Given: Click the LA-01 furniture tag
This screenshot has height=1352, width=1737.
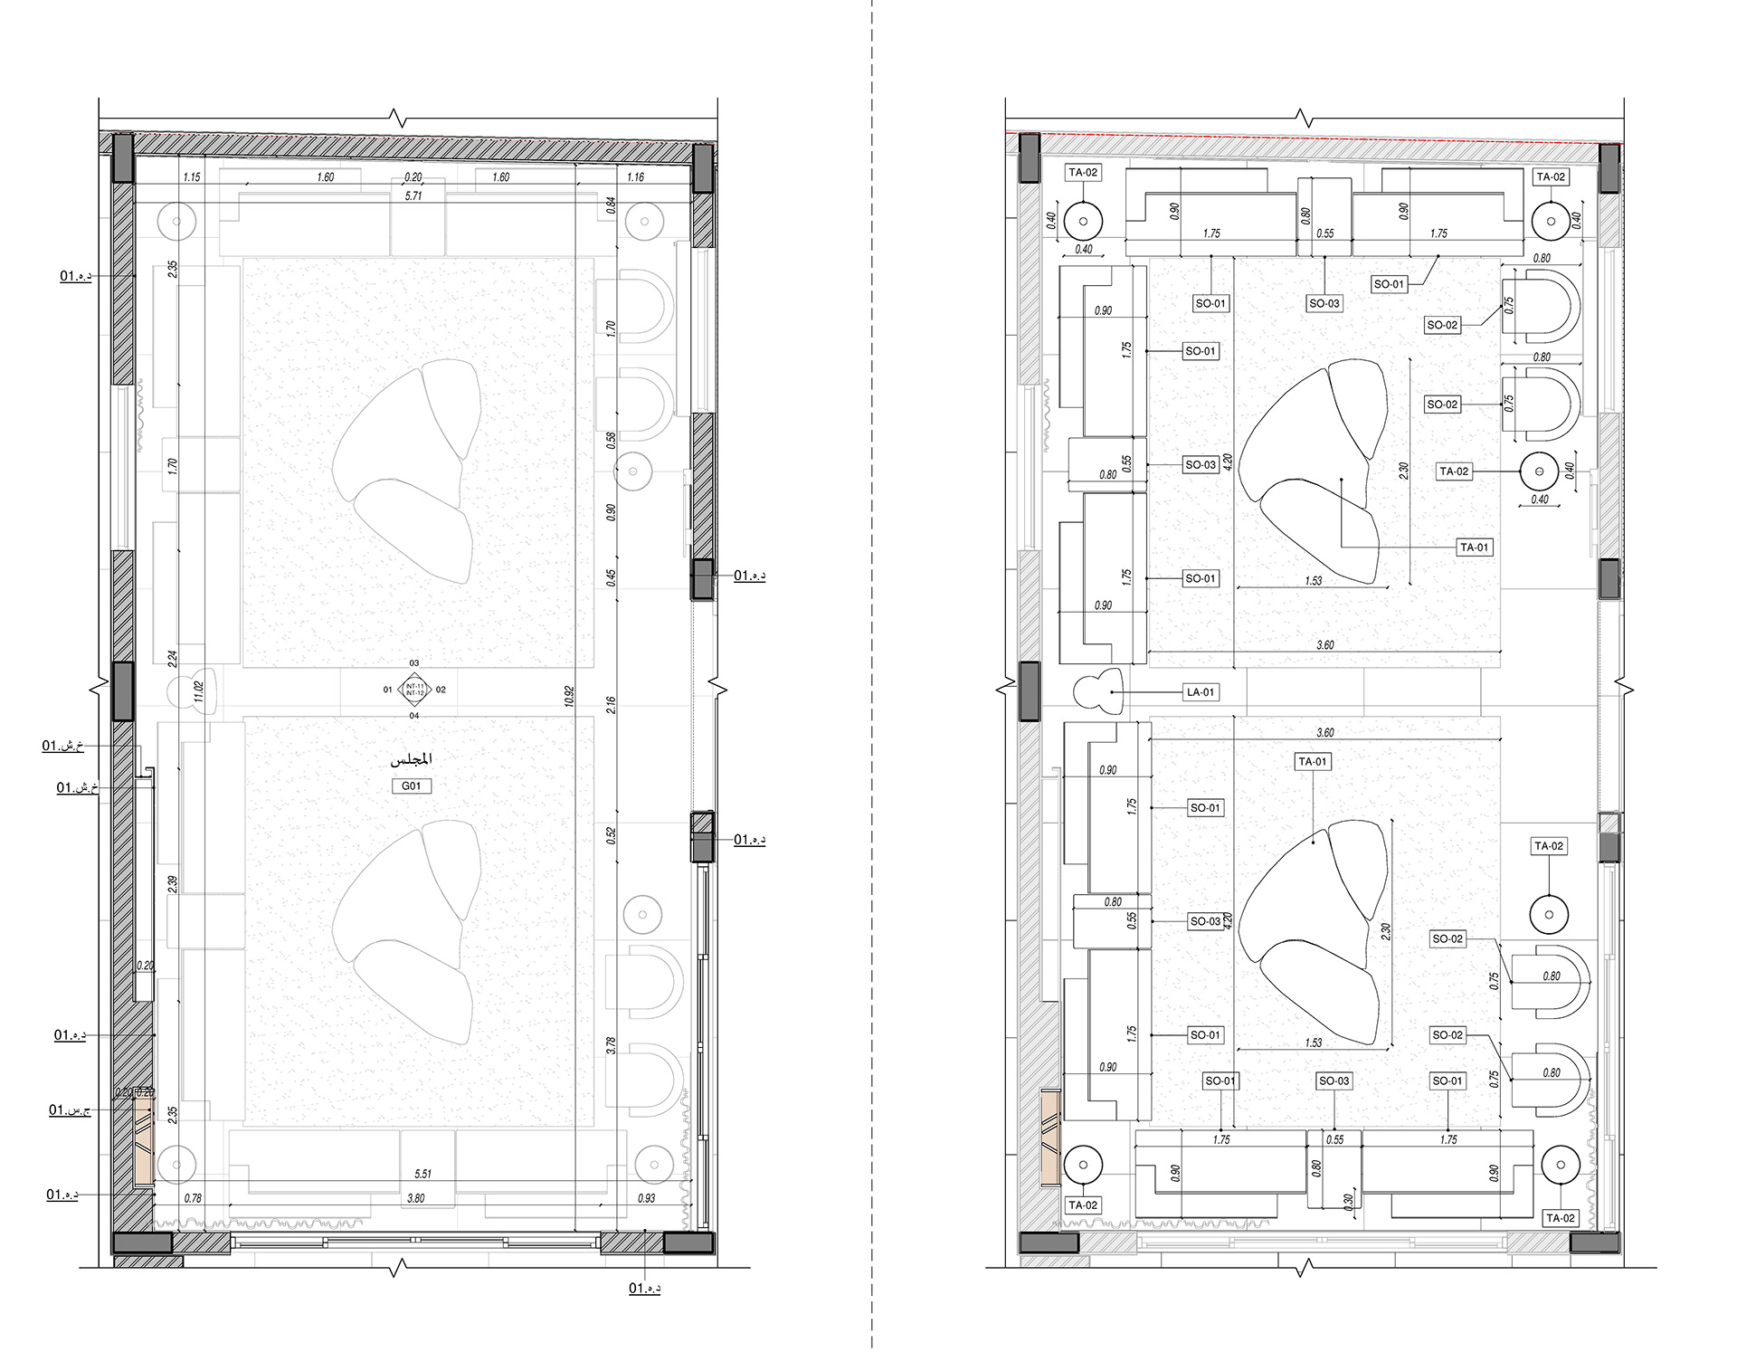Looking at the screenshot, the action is [1201, 692].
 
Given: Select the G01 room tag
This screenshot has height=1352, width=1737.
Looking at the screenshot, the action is [412, 785].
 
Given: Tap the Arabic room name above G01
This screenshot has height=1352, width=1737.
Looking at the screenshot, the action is [412, 759].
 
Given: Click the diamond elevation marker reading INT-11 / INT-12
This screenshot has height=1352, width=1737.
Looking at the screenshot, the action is [414, 690].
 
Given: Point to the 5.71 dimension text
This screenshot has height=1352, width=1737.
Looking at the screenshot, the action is [413, 195].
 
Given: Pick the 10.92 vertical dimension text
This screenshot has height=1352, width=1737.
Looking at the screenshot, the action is [569, 696].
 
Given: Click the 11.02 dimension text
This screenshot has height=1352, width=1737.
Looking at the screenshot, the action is [199, 692].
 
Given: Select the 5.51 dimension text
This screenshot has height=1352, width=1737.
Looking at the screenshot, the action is [422, 1174].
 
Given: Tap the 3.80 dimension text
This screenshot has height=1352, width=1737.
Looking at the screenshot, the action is [415, 1198].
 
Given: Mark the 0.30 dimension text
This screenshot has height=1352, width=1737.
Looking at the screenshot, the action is [1348, 1201].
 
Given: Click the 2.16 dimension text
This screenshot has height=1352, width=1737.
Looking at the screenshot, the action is [611, 706].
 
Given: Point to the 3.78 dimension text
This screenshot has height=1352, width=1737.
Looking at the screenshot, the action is [611, 1046].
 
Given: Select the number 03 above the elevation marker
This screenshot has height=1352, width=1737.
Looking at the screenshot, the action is [414, 663].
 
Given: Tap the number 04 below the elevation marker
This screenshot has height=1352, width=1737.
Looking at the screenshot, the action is [414, 716].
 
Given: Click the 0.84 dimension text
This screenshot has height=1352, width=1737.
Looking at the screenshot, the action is [611, 205].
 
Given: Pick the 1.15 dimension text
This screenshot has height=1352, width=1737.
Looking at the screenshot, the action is [192, 177].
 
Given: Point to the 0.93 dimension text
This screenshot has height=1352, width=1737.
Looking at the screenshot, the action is [646, 1198].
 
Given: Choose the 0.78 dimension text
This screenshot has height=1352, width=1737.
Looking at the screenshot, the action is [193, 1198].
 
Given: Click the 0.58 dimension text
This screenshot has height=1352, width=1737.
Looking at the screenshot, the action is [611, 441].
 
